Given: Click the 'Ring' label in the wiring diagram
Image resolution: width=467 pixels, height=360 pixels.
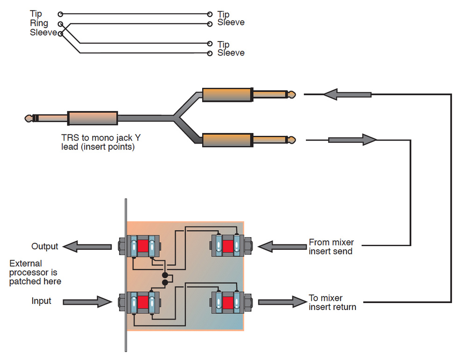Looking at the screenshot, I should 38,23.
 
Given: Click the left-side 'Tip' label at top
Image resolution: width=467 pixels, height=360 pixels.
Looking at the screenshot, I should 35,14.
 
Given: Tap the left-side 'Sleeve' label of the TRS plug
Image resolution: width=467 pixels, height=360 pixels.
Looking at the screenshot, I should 43,33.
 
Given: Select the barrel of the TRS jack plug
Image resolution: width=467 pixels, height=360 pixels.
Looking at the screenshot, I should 92,118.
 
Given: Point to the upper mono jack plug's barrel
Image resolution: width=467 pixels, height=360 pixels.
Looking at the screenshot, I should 227,95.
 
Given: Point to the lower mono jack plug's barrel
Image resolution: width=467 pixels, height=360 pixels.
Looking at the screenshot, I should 227,139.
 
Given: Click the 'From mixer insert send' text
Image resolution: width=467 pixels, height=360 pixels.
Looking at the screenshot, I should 331,247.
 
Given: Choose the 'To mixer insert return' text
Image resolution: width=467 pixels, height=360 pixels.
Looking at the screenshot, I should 332,302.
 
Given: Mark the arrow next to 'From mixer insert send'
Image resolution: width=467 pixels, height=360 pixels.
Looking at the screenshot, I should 280,246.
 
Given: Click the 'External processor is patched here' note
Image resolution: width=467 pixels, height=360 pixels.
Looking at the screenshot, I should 35,272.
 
